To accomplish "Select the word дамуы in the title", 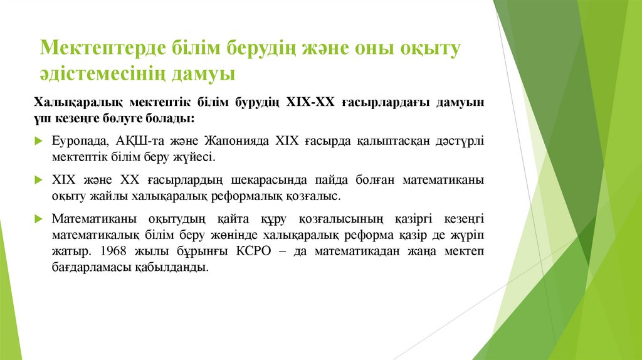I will pos(204,74).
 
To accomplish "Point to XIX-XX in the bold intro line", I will pos(310,102).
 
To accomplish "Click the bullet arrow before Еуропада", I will pos(38,140).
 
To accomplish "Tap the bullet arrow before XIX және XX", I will pos(38,180).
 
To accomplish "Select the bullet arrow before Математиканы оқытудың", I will pos(38,220).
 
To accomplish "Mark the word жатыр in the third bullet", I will pos(69,251).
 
